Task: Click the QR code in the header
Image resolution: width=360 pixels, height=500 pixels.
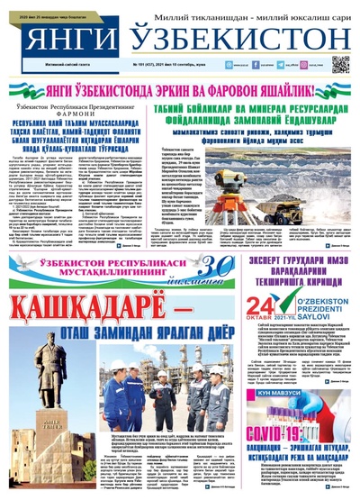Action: coord(339,64)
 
